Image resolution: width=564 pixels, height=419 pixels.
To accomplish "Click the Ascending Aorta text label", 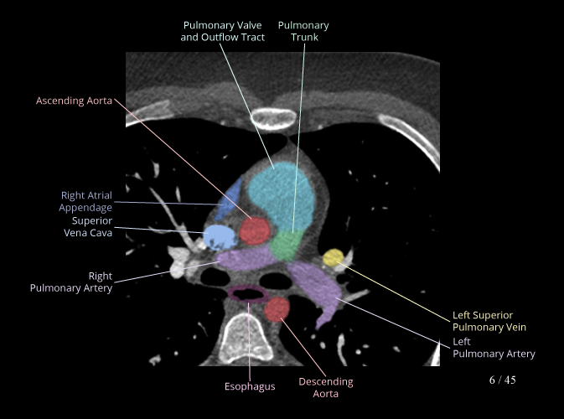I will (74, 101).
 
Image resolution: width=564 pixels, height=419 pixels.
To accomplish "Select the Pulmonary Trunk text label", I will (303, 32).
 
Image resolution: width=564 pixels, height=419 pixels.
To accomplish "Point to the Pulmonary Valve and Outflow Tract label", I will (223, 32).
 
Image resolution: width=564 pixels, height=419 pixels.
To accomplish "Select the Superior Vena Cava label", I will (88, 227).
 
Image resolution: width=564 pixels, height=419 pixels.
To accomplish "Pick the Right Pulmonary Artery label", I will (71, 282).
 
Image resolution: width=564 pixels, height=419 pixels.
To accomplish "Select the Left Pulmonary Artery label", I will (493, 348).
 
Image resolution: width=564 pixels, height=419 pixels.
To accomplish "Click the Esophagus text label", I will (249, 386).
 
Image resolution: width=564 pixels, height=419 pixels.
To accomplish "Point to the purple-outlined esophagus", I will (248, 294).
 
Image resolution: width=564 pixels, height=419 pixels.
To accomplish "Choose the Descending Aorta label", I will (326, 387).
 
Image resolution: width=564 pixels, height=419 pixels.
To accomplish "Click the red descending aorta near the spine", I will (277, 310).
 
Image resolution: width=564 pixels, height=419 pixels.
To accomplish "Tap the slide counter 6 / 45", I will (502, 380).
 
